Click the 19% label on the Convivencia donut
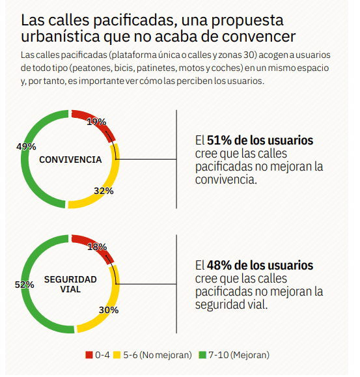tap(96, 122)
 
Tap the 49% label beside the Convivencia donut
tap(26, 147)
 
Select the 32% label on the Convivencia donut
tap(104, 191)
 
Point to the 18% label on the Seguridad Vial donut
tap(97, 247)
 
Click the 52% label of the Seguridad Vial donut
tap(25, 285)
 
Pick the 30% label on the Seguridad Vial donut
tap(109, 310)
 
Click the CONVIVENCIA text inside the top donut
tap(70, 160)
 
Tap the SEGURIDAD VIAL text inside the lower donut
tap(70, 284)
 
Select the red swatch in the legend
tap(89, 355)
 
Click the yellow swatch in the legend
tap(117, 355)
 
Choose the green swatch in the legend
tap(202, 355)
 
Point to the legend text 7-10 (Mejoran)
tap(239, 355)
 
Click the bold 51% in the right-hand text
tap(219, 141)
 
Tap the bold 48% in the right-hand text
tap(219, 266)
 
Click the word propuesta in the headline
tap(247, 21)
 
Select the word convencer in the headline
tap(259, 36)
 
